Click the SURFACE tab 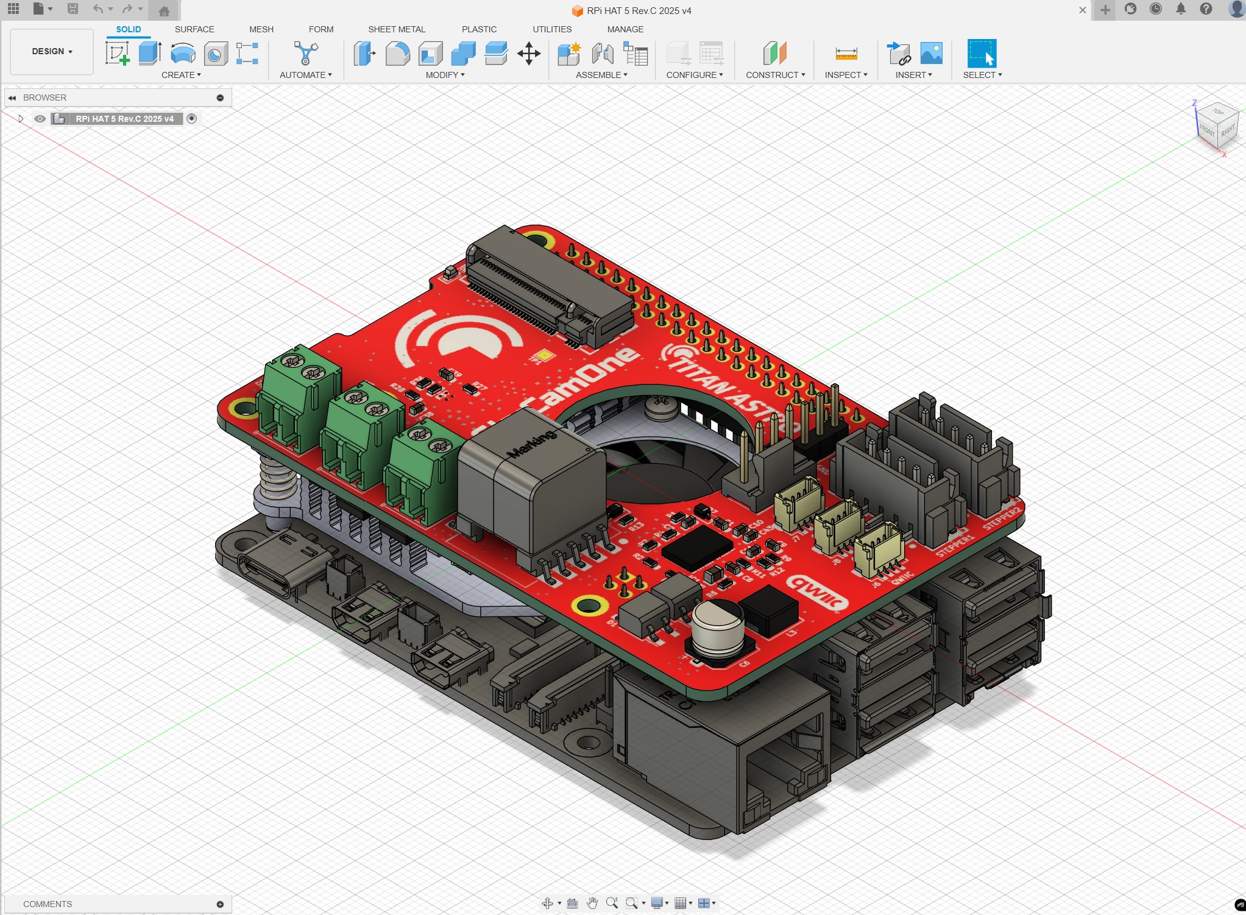tap(194, 29)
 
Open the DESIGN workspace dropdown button tap(52, 52)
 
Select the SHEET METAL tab tap(397, 29)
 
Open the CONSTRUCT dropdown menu tap(775, 75)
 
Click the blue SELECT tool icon tap(981, 54)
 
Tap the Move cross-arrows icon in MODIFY tap(529, 54)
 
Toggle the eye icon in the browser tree tap(40, 119)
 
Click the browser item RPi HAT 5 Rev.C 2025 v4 tap(124, 119)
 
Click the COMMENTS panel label tap(48, 904)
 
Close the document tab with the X tap(1082, 10)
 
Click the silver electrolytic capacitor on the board tap(718, 627)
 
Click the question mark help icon tap(1206, 9)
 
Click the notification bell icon tap(1181, 9)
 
